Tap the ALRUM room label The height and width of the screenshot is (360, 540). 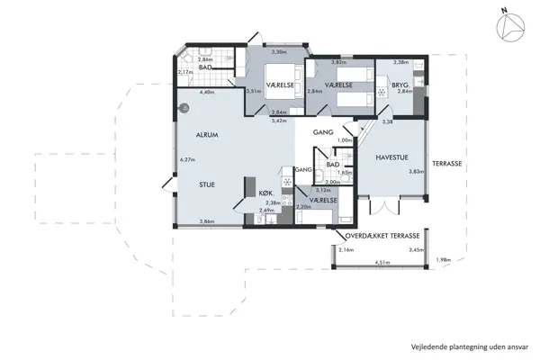[209, 135]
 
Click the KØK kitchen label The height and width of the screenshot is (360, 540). [265, 193]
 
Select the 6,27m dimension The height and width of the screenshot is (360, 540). [188, 159]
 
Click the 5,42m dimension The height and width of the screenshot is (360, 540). [279, 120]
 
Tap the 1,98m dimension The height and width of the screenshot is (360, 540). [442, 260]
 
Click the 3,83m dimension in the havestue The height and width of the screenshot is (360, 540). [416, 171]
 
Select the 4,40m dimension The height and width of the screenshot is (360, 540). [205, 93]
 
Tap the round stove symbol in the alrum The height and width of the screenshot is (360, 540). [184, 106]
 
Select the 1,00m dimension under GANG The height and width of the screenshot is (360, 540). [343, 140]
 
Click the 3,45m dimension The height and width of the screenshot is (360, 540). [415, 248]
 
